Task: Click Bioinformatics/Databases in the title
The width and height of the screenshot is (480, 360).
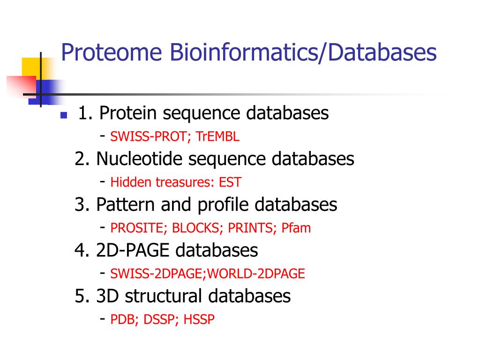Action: pos(303,52)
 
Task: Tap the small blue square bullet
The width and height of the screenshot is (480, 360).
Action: pos(64,115)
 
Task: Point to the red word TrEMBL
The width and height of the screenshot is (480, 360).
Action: pos(218,137)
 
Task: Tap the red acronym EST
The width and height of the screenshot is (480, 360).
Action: pos(230,183)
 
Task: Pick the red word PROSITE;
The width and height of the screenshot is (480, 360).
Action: pos(139,228)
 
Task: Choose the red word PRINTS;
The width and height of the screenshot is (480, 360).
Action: pos(253,228)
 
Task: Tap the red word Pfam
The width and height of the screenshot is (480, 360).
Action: pos(296,228)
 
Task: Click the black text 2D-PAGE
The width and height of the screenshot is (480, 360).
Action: pos(133,250)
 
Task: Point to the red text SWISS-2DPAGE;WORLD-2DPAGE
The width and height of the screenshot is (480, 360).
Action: pos(208,274)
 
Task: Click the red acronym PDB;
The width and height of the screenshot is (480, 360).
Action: pos(125,320)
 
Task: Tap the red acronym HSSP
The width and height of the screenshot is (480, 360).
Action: pos(199,320)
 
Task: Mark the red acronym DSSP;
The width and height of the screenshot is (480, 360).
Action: pos(162,320)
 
